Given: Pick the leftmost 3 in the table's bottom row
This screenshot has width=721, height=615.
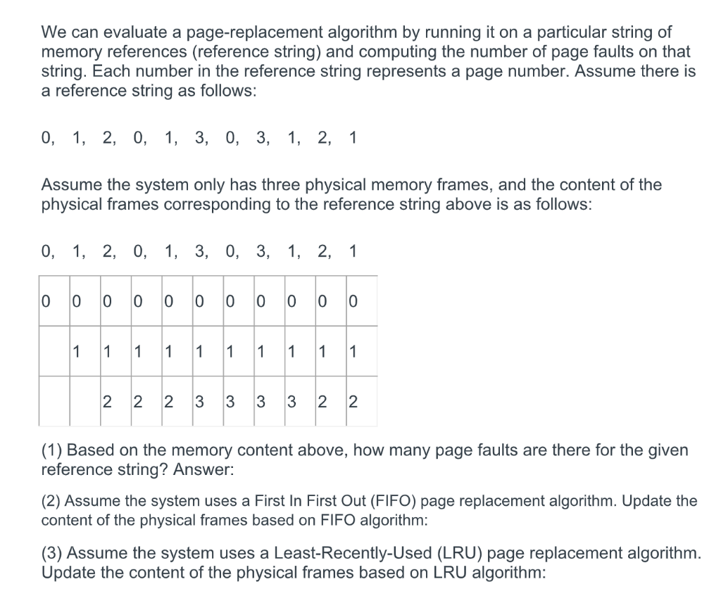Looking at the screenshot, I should point(199,402).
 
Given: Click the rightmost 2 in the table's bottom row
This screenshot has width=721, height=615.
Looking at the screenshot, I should point(353,402).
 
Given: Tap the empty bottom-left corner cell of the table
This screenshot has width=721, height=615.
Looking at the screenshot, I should point(54,401).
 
